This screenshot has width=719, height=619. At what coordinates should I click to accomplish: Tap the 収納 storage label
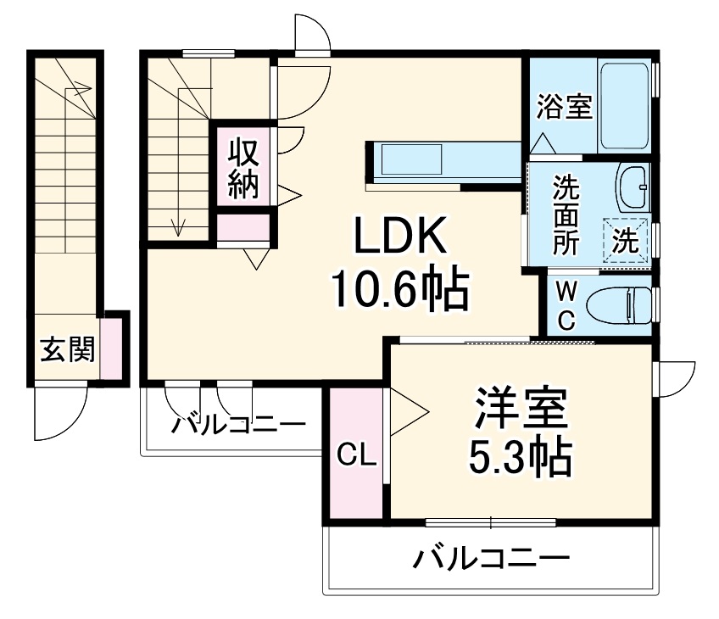[242, 168]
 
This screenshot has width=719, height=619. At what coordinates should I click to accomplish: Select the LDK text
[399, 241]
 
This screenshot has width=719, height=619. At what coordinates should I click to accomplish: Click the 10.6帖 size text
[399, 291]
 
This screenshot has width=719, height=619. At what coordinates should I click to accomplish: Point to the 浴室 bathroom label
[564, 108]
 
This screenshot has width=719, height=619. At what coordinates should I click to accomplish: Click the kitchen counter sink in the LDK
[411, 159]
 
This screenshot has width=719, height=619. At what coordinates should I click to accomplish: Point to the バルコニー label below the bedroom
[491, 560]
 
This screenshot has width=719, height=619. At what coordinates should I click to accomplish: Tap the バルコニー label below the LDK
[238, 424]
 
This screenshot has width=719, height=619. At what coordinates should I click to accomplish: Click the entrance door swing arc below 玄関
[59, 415]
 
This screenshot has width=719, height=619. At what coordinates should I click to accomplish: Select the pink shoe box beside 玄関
[111, 348]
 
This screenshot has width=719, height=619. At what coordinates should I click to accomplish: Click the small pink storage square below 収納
[242, 227]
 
